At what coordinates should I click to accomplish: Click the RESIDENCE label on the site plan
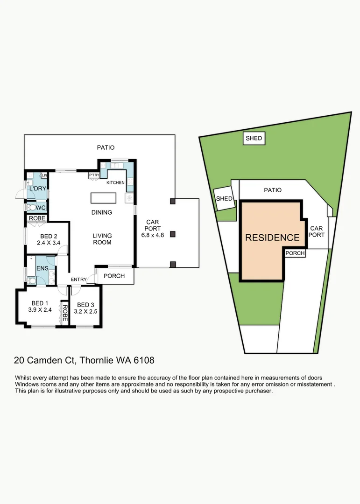tap(272, 237)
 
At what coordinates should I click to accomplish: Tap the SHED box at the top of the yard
tap(254, 138)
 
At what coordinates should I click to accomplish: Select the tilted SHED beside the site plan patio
tap(224, 199)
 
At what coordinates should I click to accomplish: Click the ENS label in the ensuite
tap(42, 268)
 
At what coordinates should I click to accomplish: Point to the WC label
tap(41, 208)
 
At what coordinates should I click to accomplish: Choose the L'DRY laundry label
tap(36, 189)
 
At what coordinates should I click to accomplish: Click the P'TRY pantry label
tap(94, 175)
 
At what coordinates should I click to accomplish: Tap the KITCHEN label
tap(115, 182)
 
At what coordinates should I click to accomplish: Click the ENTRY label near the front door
tap(78, 280)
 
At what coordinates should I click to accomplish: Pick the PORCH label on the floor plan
tap(114, 276)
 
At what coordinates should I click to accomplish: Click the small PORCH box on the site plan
tap(295, 253)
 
